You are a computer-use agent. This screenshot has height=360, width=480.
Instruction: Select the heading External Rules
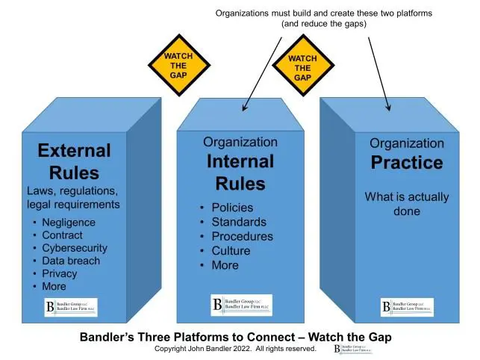74,161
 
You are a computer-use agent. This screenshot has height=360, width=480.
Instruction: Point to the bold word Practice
406,163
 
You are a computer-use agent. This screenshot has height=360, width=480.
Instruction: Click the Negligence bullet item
69,222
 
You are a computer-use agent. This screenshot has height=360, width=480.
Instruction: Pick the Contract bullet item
63,235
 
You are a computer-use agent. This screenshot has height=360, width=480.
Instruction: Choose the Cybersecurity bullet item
75,248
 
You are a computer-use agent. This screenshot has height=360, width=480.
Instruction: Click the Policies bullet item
232,208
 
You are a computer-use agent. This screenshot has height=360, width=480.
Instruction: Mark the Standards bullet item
238,222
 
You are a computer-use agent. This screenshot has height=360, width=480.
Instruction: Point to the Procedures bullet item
242,236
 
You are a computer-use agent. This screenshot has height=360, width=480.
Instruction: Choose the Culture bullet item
231,251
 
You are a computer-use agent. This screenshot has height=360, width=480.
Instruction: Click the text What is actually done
406,204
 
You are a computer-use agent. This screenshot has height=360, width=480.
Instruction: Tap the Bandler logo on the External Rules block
70,307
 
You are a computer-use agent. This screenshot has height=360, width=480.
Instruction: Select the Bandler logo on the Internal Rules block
240,305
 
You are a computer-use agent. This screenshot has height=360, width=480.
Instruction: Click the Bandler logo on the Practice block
406,307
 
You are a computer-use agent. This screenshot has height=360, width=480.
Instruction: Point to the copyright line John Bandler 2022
235,349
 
